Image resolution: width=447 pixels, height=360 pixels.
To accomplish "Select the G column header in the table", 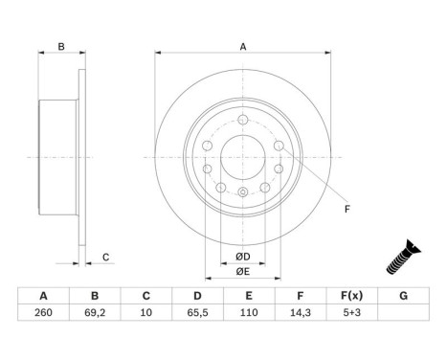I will click(x=404, y=296).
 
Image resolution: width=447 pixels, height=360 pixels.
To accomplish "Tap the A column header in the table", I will click(x=43, y=296).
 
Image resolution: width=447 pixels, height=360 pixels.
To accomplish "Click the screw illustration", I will click(x=401, y=257).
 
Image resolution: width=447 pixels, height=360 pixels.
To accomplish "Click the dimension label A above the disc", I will click(x=243, y=46).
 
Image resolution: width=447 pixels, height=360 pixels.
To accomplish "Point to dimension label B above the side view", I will click(x=60, y=46).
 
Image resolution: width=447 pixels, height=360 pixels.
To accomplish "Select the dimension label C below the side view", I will click(x=106, y=256).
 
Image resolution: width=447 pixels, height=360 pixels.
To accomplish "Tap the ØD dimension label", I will click(x=243, y=256).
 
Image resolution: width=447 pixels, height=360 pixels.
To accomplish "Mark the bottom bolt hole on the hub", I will click(x=243, y=193).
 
